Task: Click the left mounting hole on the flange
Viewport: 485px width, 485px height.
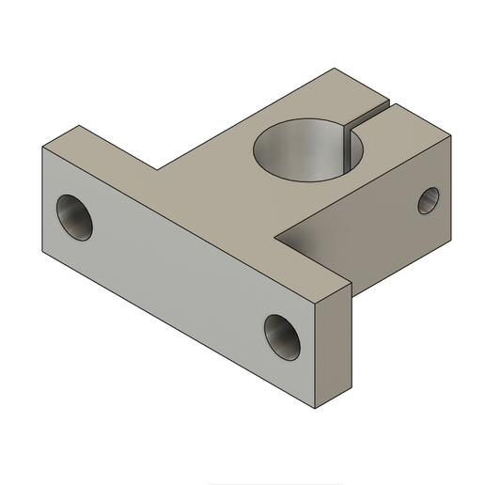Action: coord(76,217)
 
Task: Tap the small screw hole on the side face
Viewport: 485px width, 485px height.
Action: coord(428,199)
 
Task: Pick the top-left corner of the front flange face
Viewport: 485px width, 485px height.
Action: coord(44,149)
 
